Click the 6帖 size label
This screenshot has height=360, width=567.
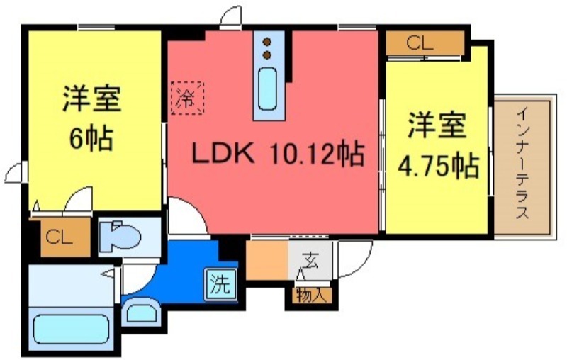click(90, 138)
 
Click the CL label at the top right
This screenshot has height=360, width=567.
click(419, 43)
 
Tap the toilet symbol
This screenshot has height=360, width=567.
click(119, 235)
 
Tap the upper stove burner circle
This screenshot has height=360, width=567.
click(268, 40)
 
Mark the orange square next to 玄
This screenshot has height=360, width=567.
click(266, 259)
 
